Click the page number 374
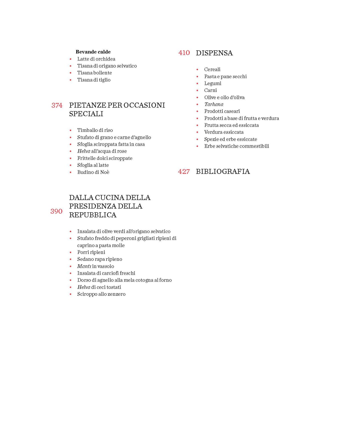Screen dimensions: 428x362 (57, 105)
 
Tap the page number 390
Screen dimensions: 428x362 (56, 211)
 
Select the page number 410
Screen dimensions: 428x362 (184, 53)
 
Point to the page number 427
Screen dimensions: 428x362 (184, 172)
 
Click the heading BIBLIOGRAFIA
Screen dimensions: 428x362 (223, 172)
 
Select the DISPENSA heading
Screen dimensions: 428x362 (214, 53)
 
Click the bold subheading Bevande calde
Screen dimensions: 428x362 (93, 52)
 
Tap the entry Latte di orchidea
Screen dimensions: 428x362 (96, 59)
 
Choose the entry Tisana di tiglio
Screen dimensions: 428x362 (94, 80)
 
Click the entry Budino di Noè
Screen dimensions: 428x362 (93, 172)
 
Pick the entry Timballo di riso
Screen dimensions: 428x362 (95, 130)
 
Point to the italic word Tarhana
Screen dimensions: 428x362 (214, 104)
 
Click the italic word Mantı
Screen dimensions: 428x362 (84, 266)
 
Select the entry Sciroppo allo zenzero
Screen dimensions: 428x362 (101, 294)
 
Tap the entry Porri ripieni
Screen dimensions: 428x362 (91, 252)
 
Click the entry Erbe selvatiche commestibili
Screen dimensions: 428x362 (236, 146)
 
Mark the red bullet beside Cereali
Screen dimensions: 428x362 (197, 70)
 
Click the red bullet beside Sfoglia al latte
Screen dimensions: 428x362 (71, 165)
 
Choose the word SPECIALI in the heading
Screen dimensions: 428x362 (86, 114)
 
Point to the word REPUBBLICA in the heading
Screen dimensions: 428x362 (93, 215)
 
